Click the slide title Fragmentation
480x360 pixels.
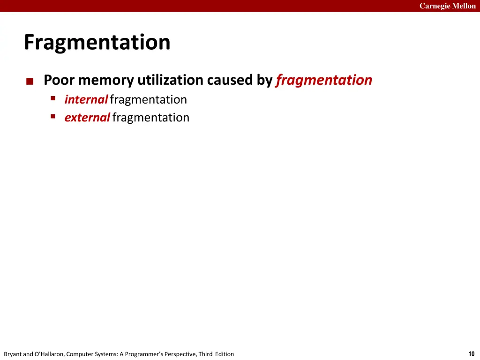(x=97, y=43)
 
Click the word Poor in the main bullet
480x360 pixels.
(x=60, y=80)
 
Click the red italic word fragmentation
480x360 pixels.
(x=324, y=80)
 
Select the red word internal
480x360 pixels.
(x=86, y=99)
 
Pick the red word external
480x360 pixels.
(x=87, y=117)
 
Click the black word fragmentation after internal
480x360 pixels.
(x=149, y=100)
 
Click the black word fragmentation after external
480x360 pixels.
(x=151, y=118)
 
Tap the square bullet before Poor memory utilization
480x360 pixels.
(x=30, y=82)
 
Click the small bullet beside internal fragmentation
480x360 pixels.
(x=53, y=98)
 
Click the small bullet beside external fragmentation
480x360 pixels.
(x=53, y=116)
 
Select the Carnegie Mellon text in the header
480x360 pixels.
(x=447, y=6)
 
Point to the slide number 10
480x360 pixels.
(x=471, y=354)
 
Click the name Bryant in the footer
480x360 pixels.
(x=12, y=354)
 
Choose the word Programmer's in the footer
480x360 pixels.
(x=147, y=354)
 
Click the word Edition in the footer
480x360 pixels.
(x=225, y=354)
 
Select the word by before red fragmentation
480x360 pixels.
(x=264, y=80)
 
